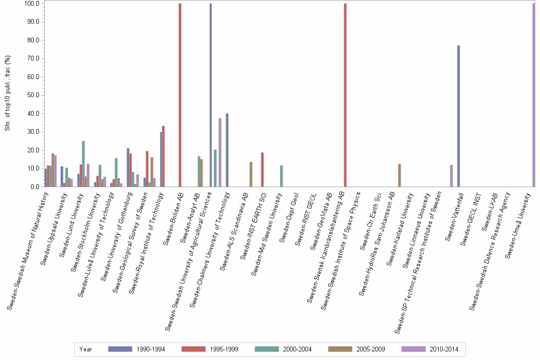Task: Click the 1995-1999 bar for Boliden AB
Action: [180, 95]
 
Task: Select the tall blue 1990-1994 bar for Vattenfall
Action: [459, 116]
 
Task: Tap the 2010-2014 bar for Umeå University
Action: [534, 95]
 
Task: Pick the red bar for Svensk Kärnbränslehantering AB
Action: [345, 95]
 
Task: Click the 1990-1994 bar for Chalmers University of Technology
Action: [227, 150]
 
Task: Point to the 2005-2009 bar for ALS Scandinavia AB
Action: [251, 174]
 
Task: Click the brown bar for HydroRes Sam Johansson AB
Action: [400, 175]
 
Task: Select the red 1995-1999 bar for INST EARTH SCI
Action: [262, 170]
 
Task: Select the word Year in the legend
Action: [86, 350]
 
